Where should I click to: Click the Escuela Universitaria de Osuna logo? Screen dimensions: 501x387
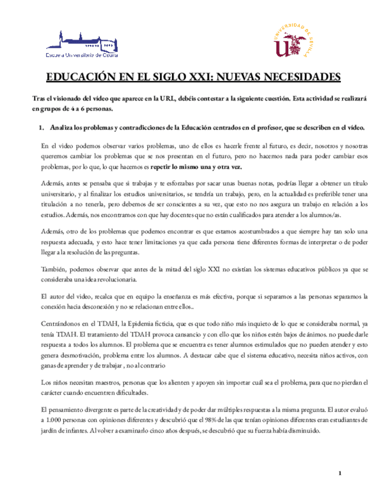click(x=82, y=43)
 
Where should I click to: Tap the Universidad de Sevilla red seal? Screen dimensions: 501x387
click(x=292, y=42)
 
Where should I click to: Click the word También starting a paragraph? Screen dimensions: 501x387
click(x=54, y=270)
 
